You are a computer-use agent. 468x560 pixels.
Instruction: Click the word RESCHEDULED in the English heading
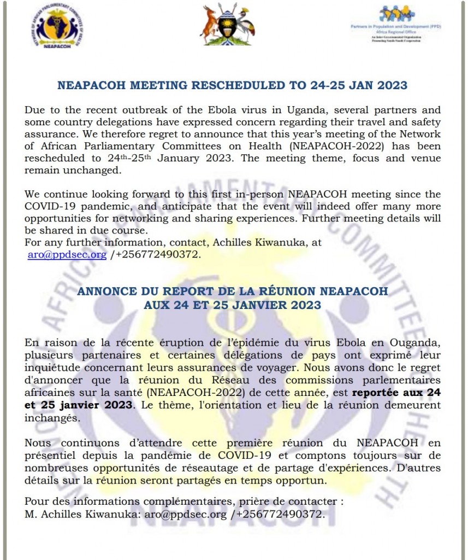coord(234,85)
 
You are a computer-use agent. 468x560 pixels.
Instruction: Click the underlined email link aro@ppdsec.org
coord(67,254)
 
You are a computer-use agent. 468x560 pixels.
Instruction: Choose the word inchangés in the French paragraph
coord(51,417)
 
